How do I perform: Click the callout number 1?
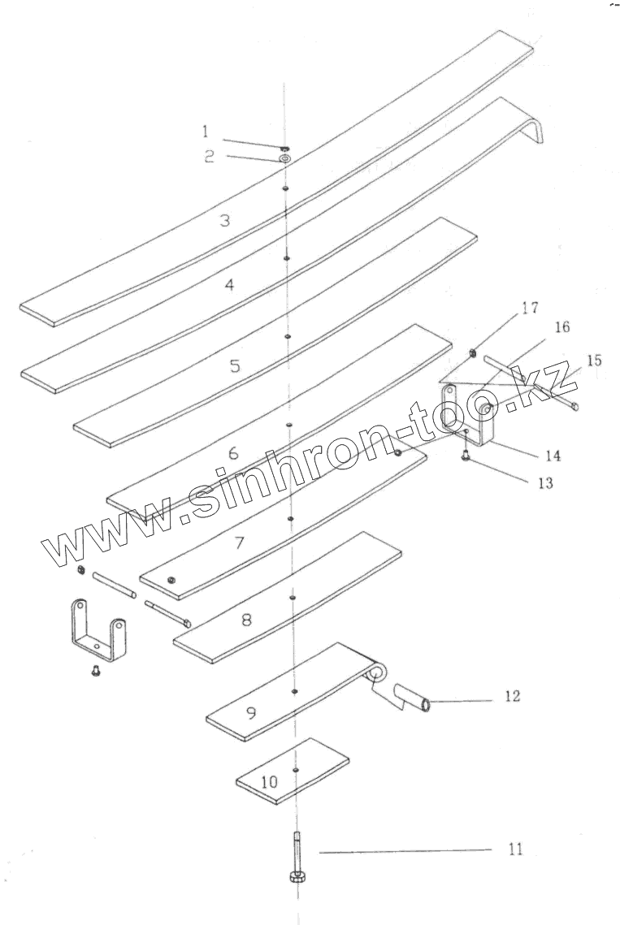(x=206, y=130)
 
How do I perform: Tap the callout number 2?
(x=209, y=157)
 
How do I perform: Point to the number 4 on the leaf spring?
(x=230, y=285)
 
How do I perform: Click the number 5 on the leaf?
(x=235, y=366)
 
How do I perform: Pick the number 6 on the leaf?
(x=232, y=453)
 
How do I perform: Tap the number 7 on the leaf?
(x=239, y=542)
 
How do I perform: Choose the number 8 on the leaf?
(x=245, y=619)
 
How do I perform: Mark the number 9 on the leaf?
(x=251, y=712)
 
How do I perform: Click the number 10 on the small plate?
(x=270, y=782)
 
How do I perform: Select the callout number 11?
(x=515, y=849)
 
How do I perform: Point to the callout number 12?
(x=512, y=696)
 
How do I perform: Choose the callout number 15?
(x=594, y=360)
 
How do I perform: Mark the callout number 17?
(x=530, y=308)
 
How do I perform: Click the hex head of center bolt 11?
(x=296, y=876)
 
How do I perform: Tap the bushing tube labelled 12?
(x=412, y=698)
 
